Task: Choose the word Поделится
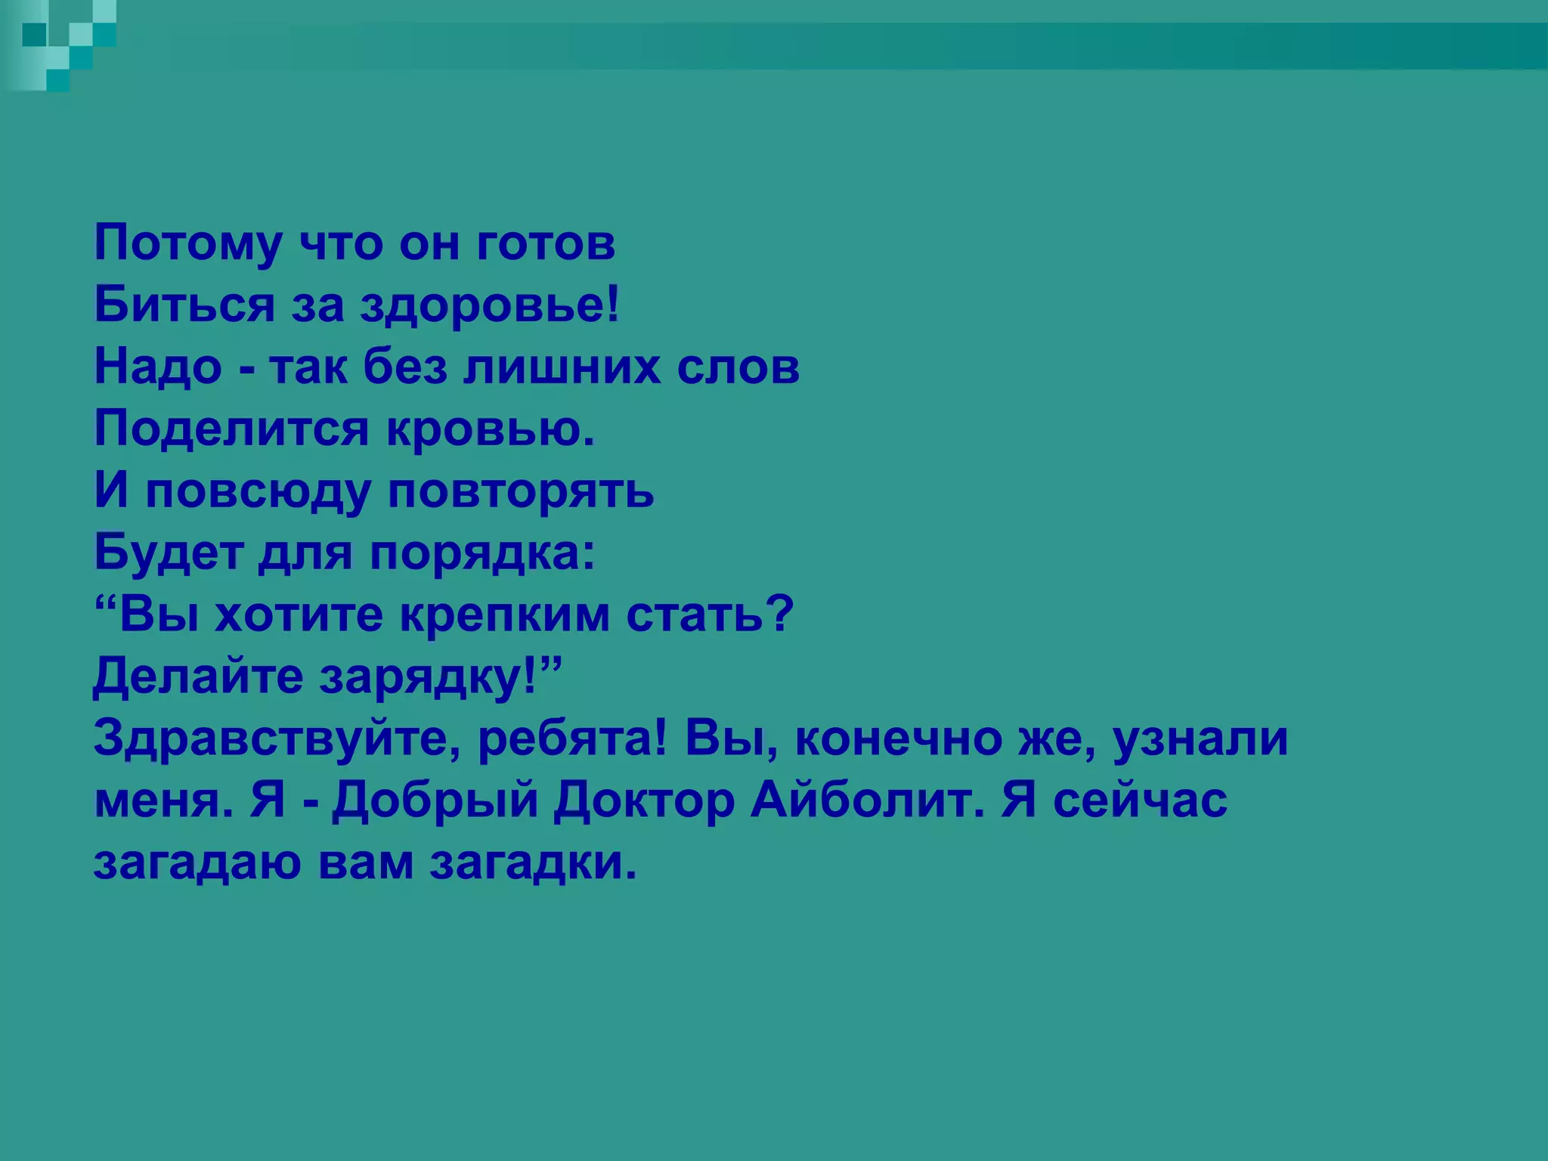[x=231, y=430]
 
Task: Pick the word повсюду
[x=258, y=492]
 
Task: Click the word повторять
[x=521, y=492]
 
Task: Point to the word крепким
[x=504, y=615]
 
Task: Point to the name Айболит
[x=861, y=801]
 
